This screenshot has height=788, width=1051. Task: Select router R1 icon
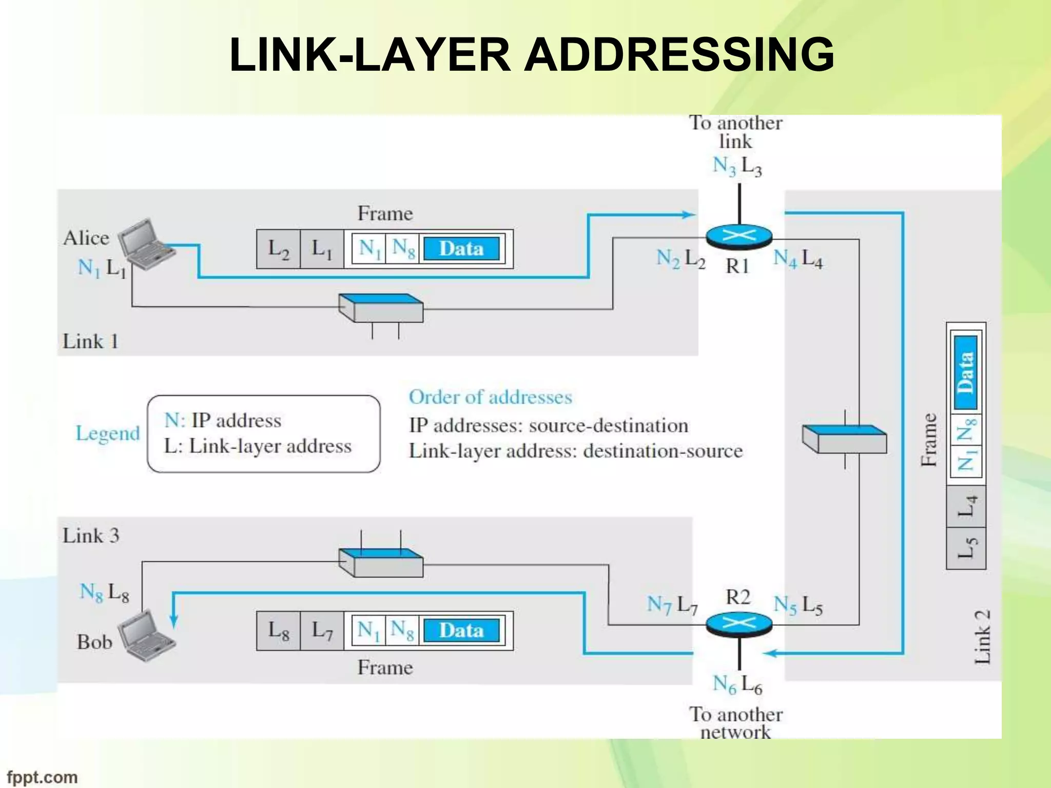click(x=739, y=236)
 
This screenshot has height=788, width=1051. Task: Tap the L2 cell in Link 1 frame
click(x=278, y=249)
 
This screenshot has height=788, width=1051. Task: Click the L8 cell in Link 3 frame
click(x=278, y=631)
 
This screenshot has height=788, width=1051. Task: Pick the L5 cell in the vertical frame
click(x=966, y=548)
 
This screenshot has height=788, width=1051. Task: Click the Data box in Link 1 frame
click(x=461, y=249)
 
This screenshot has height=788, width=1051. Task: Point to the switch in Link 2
click(x=845, y=439)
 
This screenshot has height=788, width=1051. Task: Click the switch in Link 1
click(x=381, y=308)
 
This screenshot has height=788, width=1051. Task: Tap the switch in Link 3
click(x=381, y=562)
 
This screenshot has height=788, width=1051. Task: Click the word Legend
click(x=108, y=434)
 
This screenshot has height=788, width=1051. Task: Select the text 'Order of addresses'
click(x=490, y=397)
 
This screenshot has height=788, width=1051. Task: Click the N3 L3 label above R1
click(x=737, y=166)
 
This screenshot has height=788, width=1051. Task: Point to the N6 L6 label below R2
click(x=737, y=684)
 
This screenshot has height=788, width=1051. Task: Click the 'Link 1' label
click(x=90, y=341)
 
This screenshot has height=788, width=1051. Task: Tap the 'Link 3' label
click(x=91, y=536)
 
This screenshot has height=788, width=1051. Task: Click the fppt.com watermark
click(x=42, y=777)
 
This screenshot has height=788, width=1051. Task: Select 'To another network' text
click(x=735, y=722)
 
